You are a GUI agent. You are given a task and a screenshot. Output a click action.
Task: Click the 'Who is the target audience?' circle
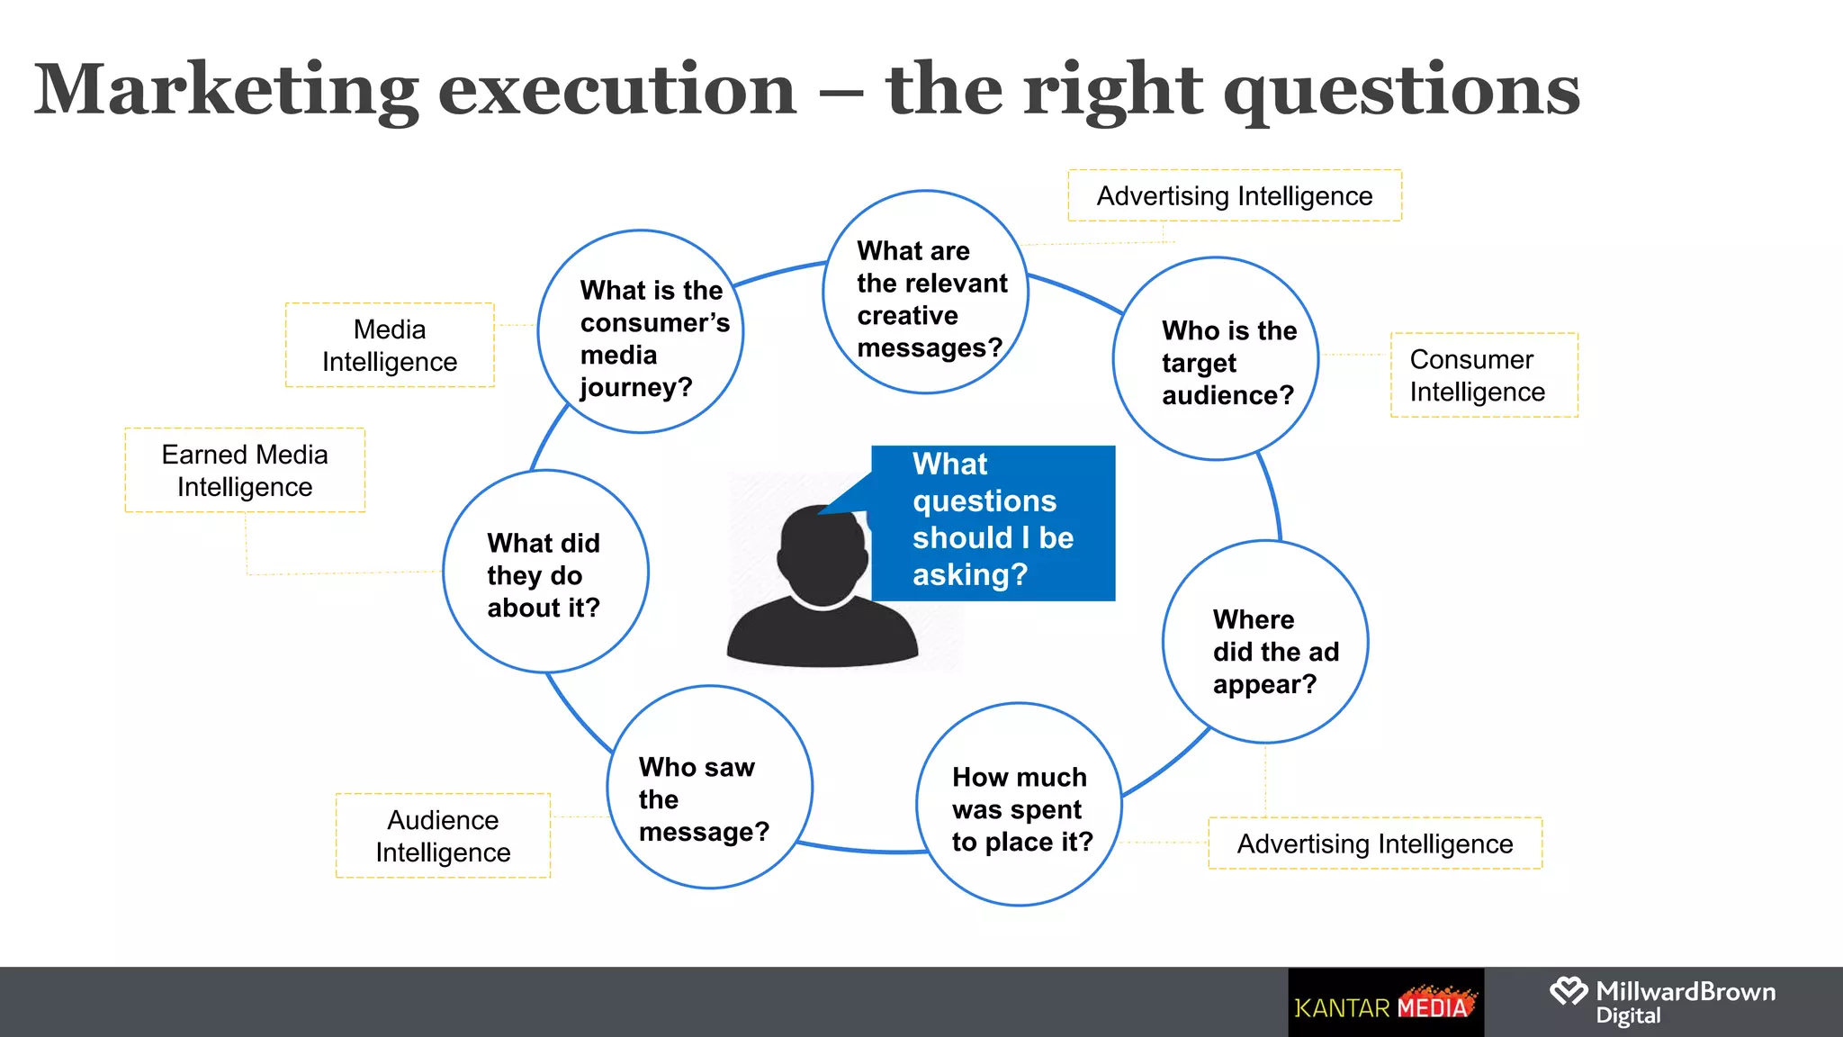pyautogui.click(x=1216, y=359)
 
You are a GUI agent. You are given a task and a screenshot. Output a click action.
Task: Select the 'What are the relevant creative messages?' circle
pyautogui.click(x=925, y=293)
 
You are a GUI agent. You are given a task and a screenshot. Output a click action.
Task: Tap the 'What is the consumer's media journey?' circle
pyautogui.click(x=641, y=332)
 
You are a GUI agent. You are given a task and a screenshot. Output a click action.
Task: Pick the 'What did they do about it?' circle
pyautogui.click(x=545, y=572)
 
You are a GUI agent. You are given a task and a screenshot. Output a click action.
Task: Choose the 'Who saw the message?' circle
pyautogui.click(x=710, y=788)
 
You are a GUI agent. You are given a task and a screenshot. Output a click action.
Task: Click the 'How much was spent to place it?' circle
pyautogui.click(x=1019, y=805)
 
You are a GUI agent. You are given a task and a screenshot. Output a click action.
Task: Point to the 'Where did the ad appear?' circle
pyautogui.click(x=1265, y=642)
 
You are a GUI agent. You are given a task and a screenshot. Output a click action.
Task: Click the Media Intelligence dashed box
pyautogui.click(x=390, y=346)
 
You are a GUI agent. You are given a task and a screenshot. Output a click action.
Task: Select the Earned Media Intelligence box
pyautogui.click(x=245, y=471)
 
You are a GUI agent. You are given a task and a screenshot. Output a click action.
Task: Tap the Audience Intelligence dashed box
pyautogui.click(x=443, y=836)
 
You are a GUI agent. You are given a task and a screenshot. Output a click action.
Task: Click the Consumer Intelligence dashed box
pyautogui.click(x=1484, y=375)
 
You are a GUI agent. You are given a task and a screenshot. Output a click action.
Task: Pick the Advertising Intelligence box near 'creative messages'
pyautogui.click(x=1235, y=196)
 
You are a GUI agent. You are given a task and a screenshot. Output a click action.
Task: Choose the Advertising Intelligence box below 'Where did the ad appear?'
pyautogui.click(x=1375, y=843)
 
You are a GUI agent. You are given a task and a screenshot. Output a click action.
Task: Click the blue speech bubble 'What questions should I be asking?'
pyautogui.click(x=993, y=522)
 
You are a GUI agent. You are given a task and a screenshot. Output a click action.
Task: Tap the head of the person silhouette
pyautogui.click(x=823, y=552)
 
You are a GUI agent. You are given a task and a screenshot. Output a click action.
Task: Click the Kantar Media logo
pyautogui.click(x=1386, y=1003)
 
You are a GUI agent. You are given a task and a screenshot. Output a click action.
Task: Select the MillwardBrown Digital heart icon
pyautogui.click(x=1569, y=992)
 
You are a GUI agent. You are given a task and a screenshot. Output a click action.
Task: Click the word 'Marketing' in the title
pyautogui.click(x=226, y=91)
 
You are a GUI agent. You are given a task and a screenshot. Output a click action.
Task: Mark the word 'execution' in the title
pyautogui.click(x=617, y=91)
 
